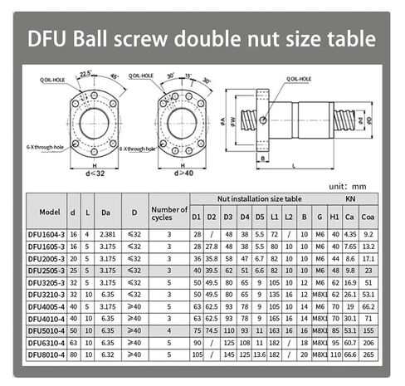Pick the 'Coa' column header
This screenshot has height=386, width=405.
click(369, 219)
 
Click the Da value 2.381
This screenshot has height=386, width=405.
click(106, 235)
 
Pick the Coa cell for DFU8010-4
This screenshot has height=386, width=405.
click(369, 354)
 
